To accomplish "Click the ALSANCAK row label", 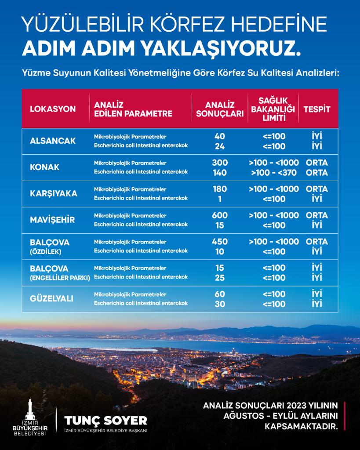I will (x=53, y=141).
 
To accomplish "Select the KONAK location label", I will (x=44, y=167).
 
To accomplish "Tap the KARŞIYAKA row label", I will (x=54, y=194).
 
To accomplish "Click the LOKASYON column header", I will (x=53, y=109).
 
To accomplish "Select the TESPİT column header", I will (x=316, y=109).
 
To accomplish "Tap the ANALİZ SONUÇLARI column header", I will (x=220, y=109).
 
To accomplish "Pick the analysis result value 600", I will (x=220, y=215).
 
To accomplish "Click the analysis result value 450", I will (x=220, y=242).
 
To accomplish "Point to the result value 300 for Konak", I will (x=220, y=163).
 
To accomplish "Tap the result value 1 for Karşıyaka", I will (x=220, y=199).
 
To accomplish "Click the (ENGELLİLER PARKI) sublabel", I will (x=60, y=278).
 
